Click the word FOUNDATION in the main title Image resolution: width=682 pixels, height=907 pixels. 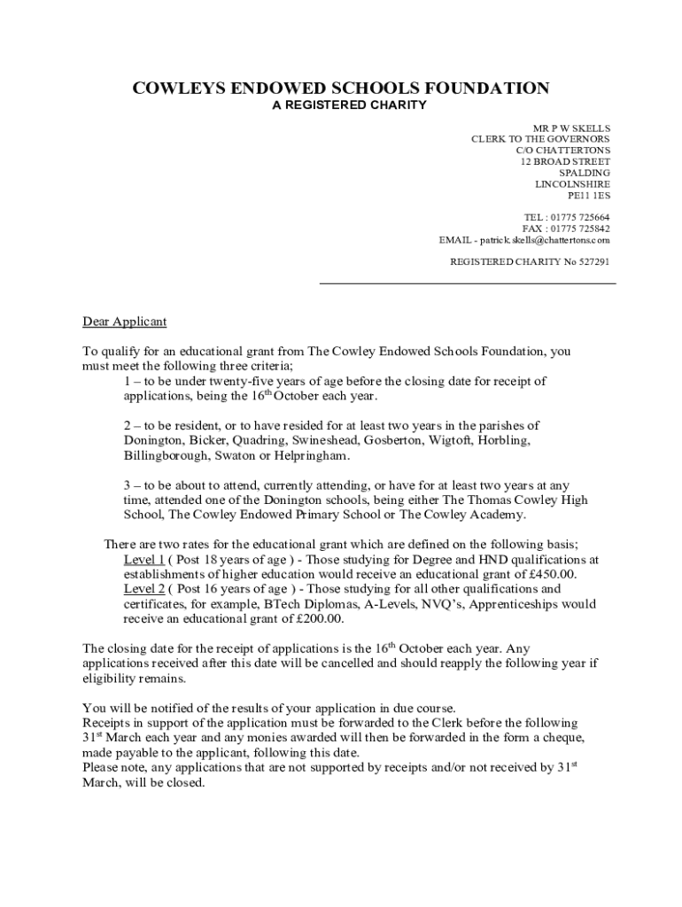pos(482,88)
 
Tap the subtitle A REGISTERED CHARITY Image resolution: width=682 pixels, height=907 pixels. pos(349,105)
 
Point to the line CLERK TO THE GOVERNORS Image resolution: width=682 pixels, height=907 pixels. pos(540,140)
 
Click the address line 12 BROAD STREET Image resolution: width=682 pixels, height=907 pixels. pos(564,162)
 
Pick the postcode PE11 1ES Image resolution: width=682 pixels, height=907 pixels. pos(588,196)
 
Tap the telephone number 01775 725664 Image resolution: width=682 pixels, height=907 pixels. pos(579,218)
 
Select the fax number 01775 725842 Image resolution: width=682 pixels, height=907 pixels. pos(579,229)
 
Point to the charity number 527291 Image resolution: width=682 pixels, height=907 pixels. pos(593,262)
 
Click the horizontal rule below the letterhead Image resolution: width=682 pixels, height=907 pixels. pos(467,284)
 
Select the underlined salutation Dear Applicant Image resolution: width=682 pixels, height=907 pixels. pos(124,322)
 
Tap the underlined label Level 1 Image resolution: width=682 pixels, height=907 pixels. pos(143,560)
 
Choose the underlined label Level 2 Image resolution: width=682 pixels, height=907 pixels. pos(143,589)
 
